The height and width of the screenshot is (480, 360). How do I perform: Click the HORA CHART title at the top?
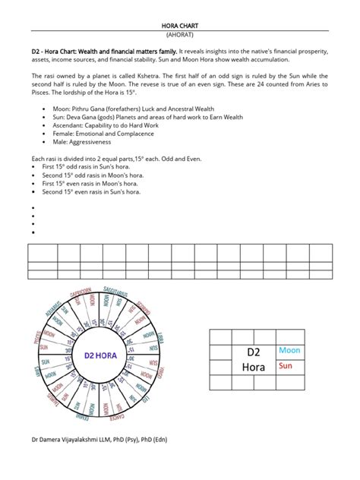tap(180, 25)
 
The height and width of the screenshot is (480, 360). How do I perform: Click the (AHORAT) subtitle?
tap(180, 35)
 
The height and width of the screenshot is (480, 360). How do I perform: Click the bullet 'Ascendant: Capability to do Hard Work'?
tap(114, 127)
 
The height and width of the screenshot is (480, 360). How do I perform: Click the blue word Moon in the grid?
tap(289, 350)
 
